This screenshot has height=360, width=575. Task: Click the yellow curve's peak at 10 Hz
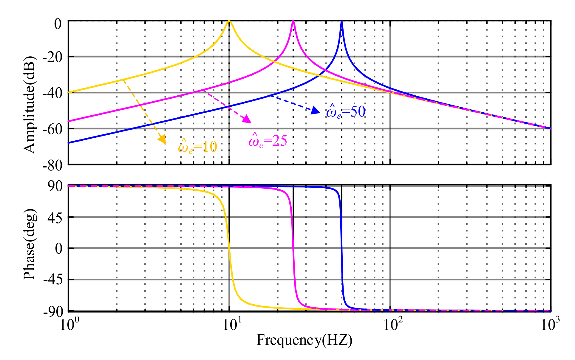(x=229, y=21)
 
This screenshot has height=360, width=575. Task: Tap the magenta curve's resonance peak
(x=293, y=21)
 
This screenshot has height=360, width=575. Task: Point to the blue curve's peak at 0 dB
(x=341, y=21)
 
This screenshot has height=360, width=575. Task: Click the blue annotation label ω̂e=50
(x=346, y=112)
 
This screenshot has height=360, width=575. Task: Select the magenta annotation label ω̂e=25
(x=268, y=141)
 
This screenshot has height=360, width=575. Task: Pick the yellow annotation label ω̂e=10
(x=197, y=147)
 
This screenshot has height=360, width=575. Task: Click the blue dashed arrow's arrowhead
(x=316, y=111)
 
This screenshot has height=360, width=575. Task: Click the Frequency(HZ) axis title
(x=304, y=340)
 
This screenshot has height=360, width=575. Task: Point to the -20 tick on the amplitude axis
(x=52, y=57)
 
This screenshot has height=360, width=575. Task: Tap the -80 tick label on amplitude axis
(x=52, y=165)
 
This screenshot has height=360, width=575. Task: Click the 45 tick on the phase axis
(x=55, y=218)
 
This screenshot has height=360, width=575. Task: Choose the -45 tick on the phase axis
(x=53, y=280)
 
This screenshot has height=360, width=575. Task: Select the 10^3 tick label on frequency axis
(x=550, y=324)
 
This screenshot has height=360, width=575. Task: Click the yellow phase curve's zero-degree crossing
(x=229, y=248)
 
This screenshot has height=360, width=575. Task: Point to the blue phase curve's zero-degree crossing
(x=341, y=248)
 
